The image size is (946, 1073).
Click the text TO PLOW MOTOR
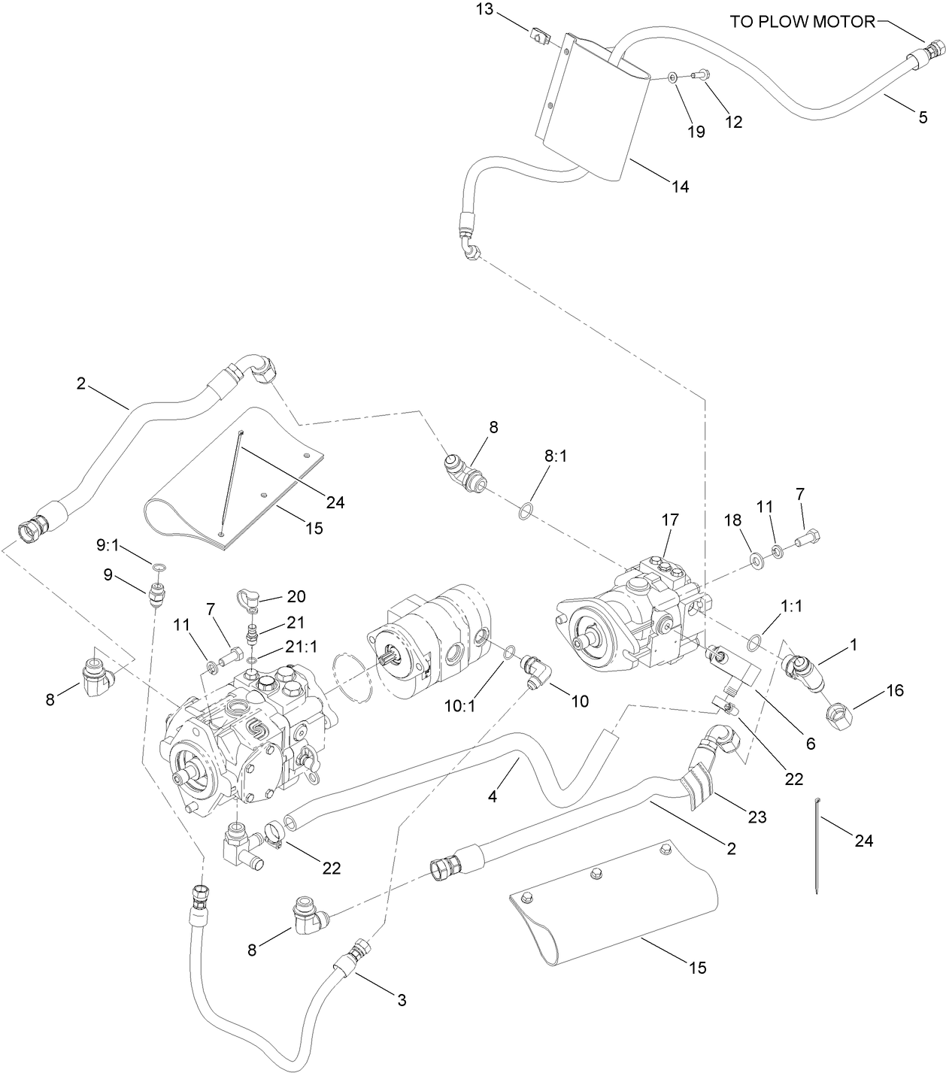[x=802, y=21]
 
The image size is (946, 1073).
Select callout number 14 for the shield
[x=679, y=186]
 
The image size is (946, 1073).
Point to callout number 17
[x=669, y=520]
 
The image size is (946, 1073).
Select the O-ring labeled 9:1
[x=159, y=565]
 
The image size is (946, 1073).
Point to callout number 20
[x=296, y=597]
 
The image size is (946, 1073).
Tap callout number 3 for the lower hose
[x=401, y=1000]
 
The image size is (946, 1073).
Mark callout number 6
[x=810, y=743]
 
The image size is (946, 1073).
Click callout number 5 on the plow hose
[x=923, y=117]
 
